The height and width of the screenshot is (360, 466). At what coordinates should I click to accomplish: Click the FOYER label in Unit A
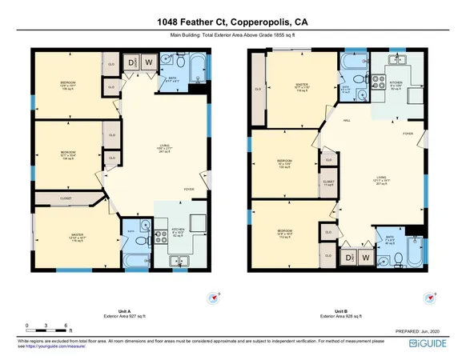tap(188, 189)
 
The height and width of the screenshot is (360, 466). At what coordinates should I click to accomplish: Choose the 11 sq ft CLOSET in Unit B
tap(328, 182)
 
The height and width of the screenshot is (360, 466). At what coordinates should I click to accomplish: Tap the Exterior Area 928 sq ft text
tap(343, 317)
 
